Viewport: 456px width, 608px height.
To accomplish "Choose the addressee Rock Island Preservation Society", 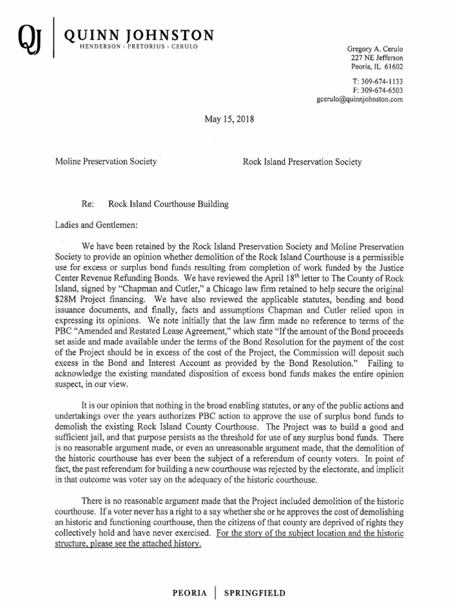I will (302, 161).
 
